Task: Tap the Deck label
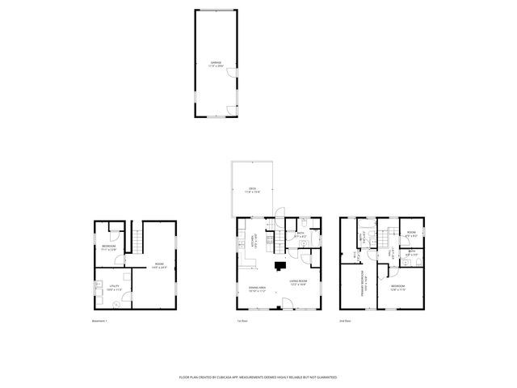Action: pyautogui.click(x=252, y=190)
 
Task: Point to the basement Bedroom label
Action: pyautogui.click(x=109, y=247)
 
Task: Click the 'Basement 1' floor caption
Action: pyautogui.click(x=99, y=321)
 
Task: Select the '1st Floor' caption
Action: pyautogui.click(x=242, y=321)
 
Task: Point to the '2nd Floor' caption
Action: pyautogui.click(x=347, y=321)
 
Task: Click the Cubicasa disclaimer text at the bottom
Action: pyautogui.click(x=258, y=377)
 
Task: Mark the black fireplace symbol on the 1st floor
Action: pyautogui.click(x=280, y=264)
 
